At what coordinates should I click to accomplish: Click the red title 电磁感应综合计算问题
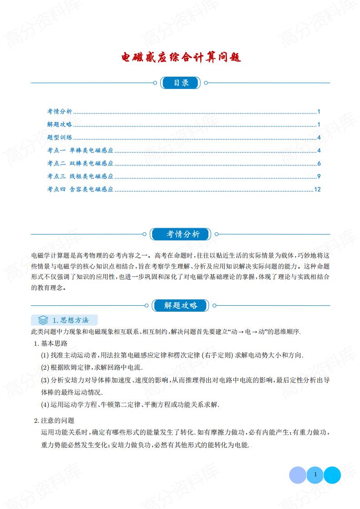point(180,58)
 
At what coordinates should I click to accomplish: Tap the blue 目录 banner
point(180,83)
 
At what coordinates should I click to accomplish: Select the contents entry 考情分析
point(59,112)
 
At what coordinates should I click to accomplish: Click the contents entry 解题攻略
point(59,125)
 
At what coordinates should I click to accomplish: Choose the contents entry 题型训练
point(59,138)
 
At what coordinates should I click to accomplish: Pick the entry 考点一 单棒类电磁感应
point(80,151)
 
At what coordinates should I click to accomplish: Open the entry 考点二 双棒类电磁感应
point(80,164)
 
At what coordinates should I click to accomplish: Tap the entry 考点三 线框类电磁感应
point(80,176)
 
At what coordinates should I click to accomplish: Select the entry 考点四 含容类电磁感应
point(80,190)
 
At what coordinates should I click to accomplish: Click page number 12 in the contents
point(317,190)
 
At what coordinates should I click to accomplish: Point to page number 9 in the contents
point(319,176)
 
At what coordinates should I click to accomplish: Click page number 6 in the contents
point(319,164)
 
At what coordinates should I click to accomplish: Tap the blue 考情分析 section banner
point(181,234)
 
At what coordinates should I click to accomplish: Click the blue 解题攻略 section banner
point(181,305)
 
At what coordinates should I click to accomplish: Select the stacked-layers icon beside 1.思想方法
point(43,320)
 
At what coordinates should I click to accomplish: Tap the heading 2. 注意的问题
point(54,420)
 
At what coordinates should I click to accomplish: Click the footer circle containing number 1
point(315,475)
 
